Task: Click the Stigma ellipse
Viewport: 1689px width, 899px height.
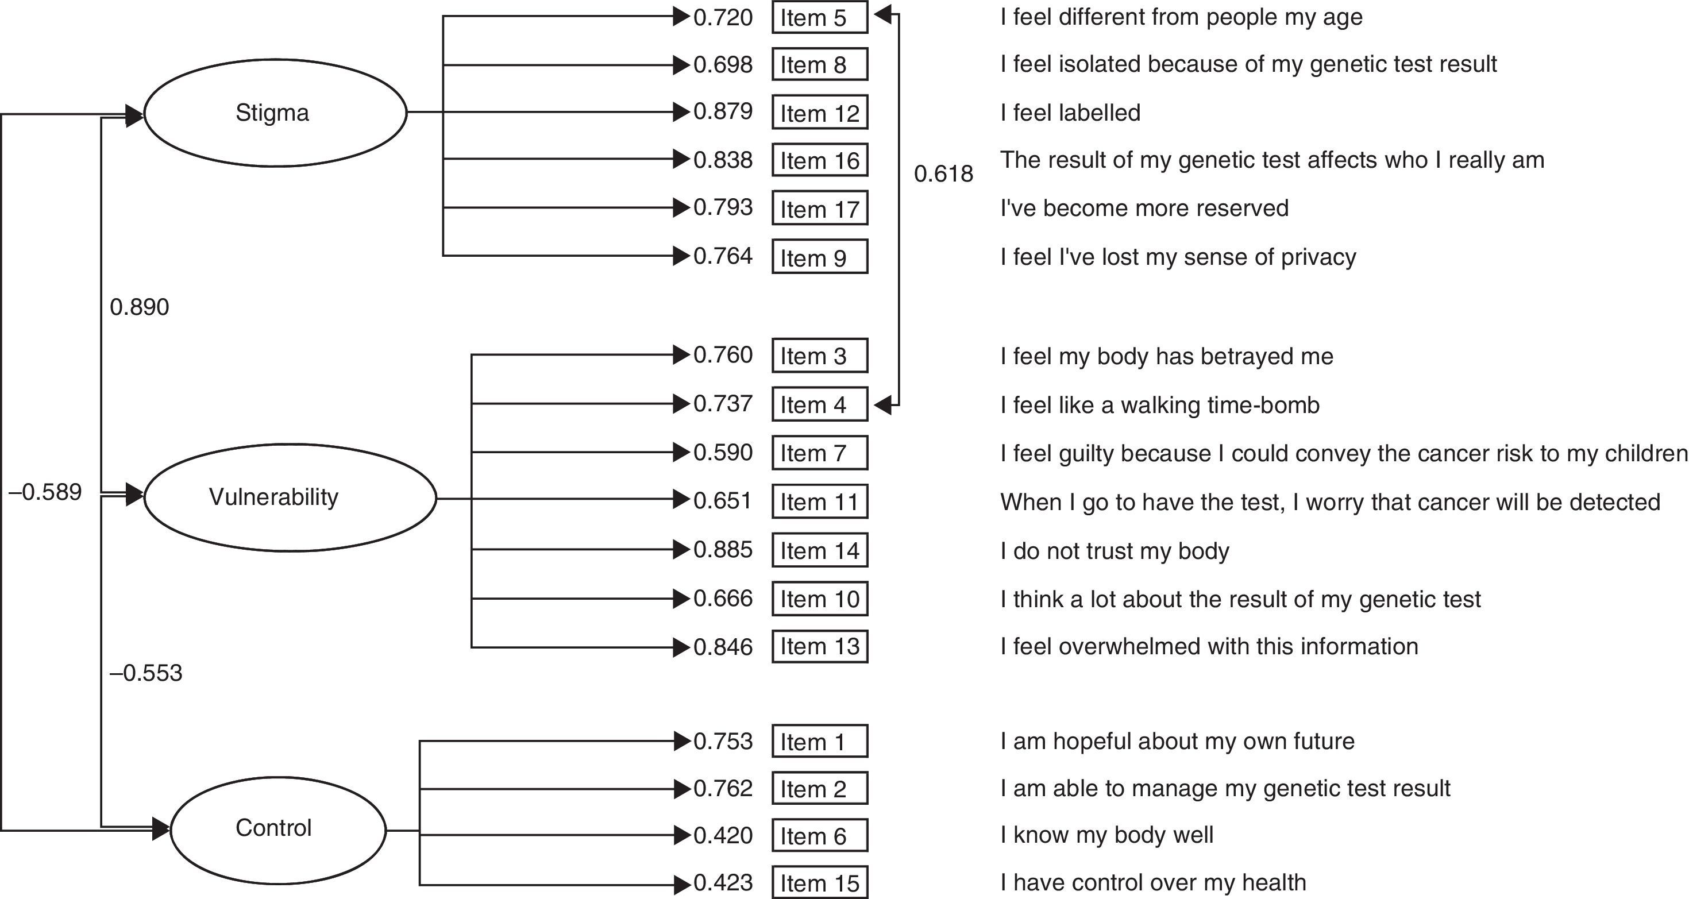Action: click(275, 113)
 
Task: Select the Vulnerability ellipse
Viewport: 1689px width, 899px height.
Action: click(289, 497)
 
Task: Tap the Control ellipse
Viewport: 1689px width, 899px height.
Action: click(277, 829)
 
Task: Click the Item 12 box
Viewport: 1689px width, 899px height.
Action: click(820, 113)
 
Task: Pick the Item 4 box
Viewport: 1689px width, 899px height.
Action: click(820, 404)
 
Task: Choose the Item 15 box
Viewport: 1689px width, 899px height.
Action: click(820, 882)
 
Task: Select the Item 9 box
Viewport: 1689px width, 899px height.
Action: click(820, 257)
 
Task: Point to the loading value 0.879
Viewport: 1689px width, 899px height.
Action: click(723, 111)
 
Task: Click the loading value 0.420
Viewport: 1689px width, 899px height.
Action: click(723, 835)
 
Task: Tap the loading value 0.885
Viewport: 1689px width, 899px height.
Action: click(723, 550)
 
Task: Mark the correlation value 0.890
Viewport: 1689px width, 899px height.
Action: click(139, 307)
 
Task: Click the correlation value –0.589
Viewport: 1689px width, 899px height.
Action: click(45, 492)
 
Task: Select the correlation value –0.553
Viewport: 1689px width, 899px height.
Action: click(145, 673)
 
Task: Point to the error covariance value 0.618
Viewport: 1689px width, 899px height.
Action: click(943, 173)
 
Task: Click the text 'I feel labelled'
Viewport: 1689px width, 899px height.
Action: click(1070, 113)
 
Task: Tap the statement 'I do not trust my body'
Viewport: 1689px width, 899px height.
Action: click(1115, 551)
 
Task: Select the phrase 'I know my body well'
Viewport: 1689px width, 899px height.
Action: click(1107, 835)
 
